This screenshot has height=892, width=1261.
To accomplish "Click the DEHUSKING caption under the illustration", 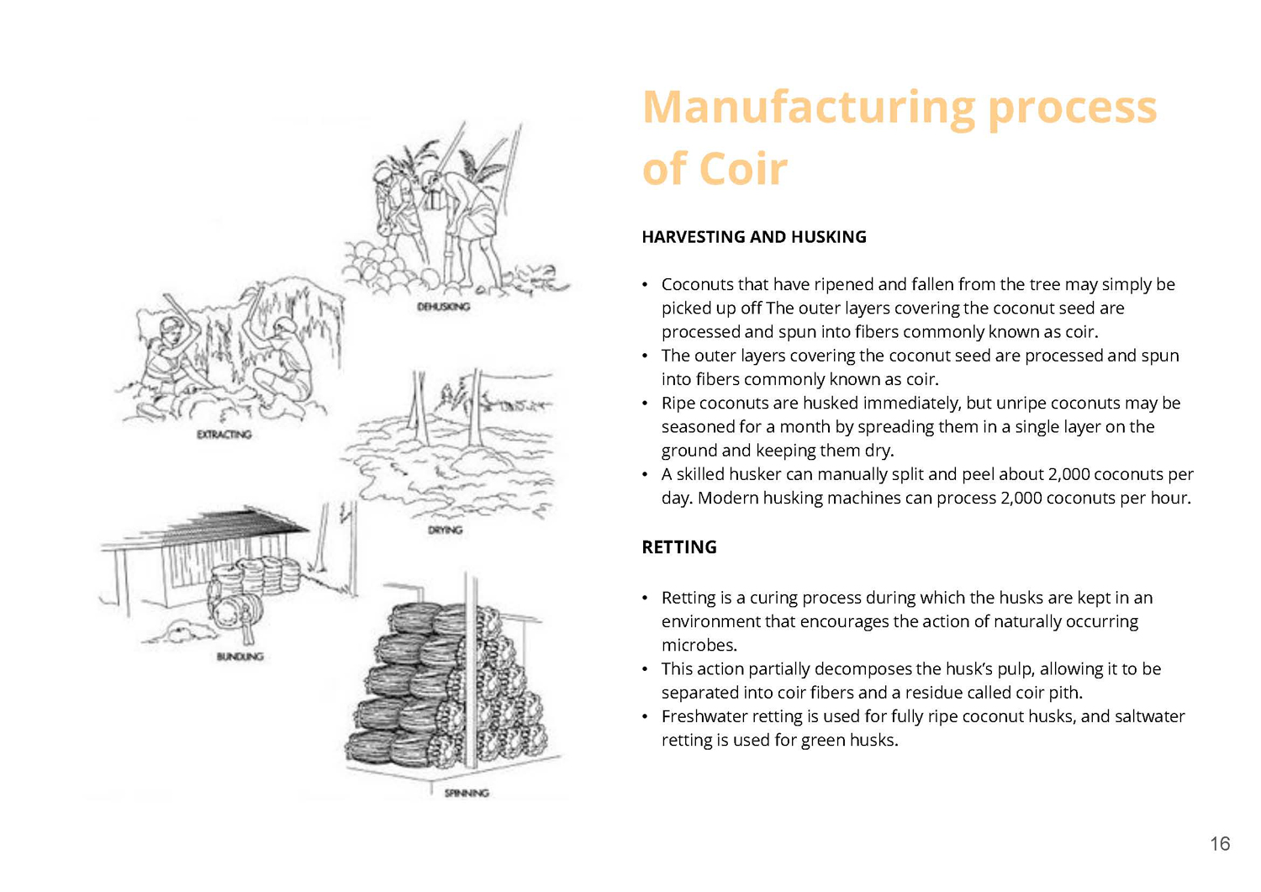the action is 444,307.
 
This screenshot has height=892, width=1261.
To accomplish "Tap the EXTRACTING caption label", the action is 224,434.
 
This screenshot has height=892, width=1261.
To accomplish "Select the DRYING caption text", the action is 445,530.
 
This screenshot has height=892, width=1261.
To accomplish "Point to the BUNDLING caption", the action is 240,657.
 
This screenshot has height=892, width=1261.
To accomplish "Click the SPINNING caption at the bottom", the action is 467,793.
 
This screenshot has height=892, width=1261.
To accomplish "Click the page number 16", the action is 1221,843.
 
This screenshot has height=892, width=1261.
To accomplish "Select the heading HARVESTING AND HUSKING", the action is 754,237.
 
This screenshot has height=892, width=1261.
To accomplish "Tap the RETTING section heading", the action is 679,546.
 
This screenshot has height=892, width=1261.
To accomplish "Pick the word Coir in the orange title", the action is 743,168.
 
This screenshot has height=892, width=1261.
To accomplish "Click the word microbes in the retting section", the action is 699,646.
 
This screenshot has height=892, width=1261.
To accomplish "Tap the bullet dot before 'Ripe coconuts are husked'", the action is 645,404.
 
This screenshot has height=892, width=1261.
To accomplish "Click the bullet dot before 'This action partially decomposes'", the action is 645,669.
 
